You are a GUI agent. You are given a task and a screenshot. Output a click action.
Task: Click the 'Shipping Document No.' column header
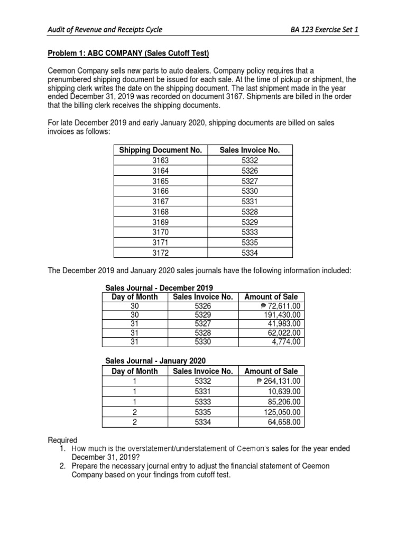pos(161,150)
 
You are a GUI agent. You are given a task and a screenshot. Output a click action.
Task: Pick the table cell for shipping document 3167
pos(161,201)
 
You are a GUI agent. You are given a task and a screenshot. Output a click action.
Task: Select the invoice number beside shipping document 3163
pos(250,160)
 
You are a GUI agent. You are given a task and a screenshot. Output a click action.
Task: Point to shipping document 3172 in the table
pos(161,252)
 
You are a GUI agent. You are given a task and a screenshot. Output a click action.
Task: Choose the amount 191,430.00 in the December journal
pos(282,315)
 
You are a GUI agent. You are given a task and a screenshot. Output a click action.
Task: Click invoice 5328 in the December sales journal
pos(203,333)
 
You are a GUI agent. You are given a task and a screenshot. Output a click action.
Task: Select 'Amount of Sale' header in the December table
pos(271,297)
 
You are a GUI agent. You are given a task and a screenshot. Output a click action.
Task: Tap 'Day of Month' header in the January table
pos(134,371)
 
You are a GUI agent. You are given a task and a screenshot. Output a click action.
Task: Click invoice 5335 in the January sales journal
pos(203,411)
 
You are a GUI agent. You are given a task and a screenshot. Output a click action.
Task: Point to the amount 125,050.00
pos(282,411)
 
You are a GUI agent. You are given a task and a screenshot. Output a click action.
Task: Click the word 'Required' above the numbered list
pos(63,440)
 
